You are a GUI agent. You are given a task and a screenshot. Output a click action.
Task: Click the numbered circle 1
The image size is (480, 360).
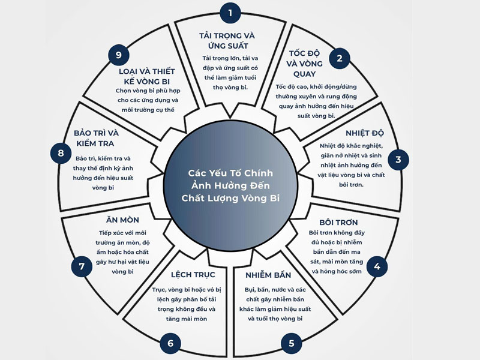[231, 12]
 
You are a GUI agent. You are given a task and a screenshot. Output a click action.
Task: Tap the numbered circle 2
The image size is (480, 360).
[340, 58]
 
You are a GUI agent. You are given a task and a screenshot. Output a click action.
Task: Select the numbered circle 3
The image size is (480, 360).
[398, 160]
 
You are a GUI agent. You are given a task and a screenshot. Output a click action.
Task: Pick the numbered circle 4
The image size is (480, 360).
[376, 266]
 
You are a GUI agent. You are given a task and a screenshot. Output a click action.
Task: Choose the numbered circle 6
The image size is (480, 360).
[170, 343]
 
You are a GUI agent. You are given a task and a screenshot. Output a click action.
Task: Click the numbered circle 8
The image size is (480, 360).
[61, 153]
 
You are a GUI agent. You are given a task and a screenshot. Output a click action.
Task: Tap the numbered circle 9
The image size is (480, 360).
[119, 55]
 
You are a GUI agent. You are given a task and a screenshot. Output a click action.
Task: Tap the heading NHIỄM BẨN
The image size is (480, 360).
[268, 275]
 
